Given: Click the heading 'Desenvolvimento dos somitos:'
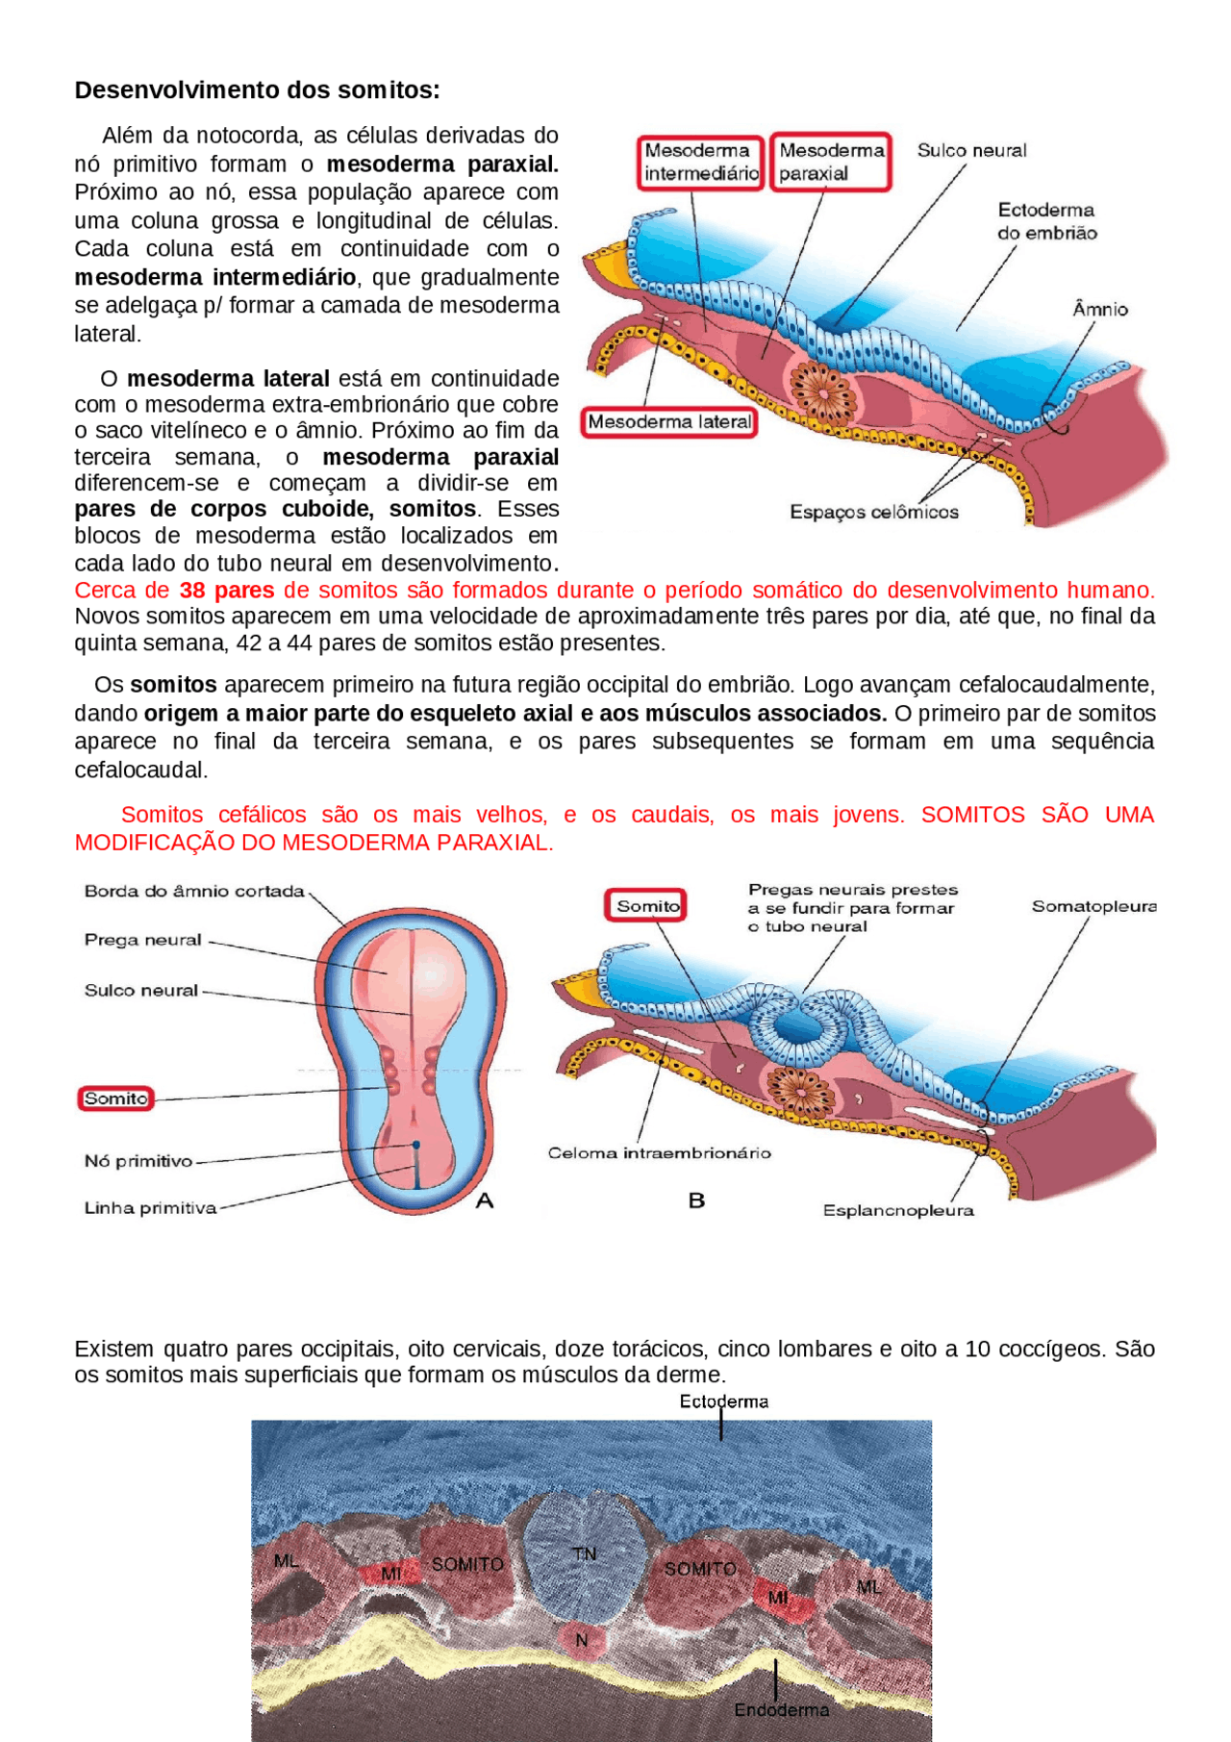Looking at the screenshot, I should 257,90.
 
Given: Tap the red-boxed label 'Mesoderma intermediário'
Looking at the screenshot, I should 700,163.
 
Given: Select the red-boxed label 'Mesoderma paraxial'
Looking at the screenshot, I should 831,163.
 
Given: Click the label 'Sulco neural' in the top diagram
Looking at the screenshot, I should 971,151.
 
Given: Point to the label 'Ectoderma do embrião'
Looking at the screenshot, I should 1046,221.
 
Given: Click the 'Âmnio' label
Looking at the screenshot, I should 1100,310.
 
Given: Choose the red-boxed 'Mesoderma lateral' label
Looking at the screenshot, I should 669,422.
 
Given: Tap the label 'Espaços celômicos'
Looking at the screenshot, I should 874,513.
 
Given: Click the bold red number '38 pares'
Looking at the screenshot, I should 227,591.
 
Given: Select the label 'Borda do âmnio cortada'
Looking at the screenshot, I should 194,892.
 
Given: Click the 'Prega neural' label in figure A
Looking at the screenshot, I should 143,940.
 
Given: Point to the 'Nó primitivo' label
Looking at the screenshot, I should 138,1162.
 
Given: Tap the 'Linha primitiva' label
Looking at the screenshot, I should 150,1208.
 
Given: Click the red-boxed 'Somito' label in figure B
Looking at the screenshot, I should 646,906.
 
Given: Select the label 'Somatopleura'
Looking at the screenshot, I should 1093,907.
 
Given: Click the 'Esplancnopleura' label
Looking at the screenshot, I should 898,1211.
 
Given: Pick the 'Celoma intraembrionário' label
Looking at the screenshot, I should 660,1153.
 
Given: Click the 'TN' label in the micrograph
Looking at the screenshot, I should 584,1554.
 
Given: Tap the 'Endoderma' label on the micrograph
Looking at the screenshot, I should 781,1709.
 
